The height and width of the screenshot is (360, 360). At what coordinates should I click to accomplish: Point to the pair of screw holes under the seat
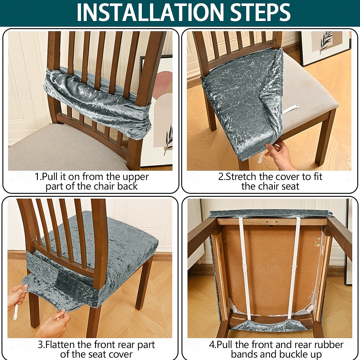coord(271,222)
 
